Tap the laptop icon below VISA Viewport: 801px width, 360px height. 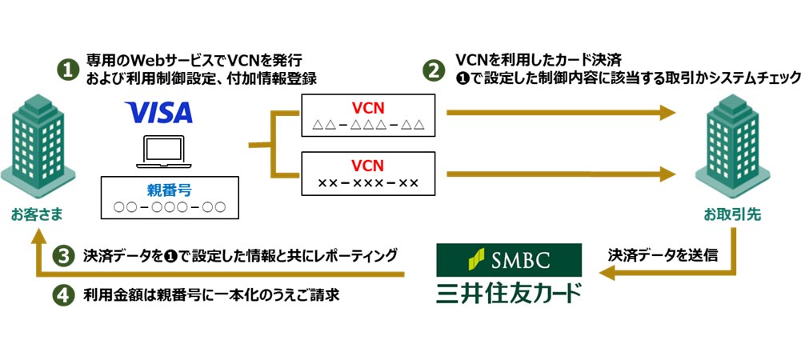[x=163, y=153]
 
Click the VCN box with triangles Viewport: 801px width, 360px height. [x=368, y=115]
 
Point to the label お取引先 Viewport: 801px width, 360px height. [x=728, y=214]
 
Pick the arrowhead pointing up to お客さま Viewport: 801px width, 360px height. [x=36, y=233]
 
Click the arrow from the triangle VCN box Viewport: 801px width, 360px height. [x=560, y=114]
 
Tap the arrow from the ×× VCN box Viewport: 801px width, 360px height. [x=560, y=172]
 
